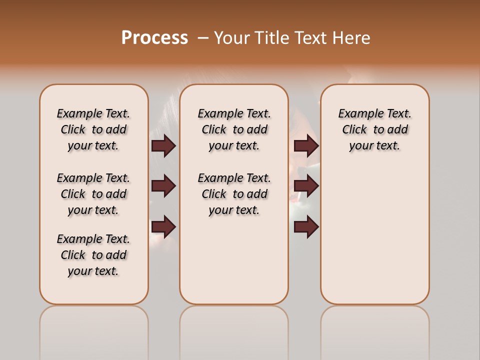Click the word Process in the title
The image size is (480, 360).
pyautogui.click(x=154, y=37)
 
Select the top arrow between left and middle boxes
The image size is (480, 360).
pyautogui.click(x=163, y=145)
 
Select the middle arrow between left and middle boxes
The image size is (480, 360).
pyautogui.click(x=163, y=186)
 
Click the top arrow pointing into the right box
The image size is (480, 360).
pyautogui.click(x=306, y=145)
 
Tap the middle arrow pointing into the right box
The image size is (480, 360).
pyautogui.click(x=306, y=186)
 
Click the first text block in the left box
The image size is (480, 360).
pyautogui.click(x=93, y=129)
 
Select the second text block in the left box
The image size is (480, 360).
pyautogui.click(x=93, y=194)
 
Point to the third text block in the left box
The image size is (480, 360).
pyautogui.click(x=93, y=255)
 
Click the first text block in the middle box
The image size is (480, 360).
pyautogui.click(x=234, y=129)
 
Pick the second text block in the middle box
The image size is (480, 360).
pyautogui.click(x=234, y=194)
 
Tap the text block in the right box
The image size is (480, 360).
pyautogui.click(x=374, y=129)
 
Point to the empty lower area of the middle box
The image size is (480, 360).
pyautogui.click(x=234, y=260)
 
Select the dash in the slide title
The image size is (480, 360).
pyautogui.click(x=203, y=38)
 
